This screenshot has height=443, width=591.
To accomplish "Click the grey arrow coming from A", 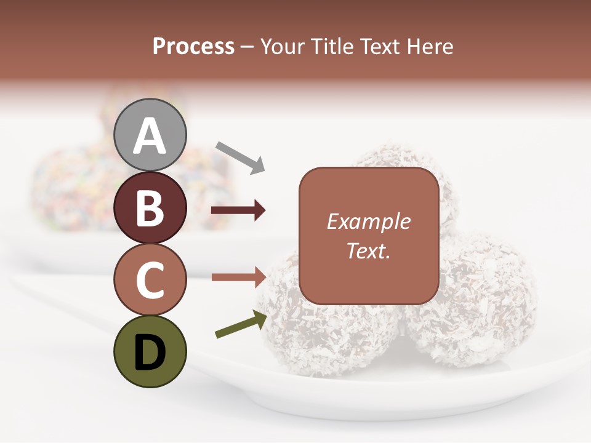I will click(x=240, y=156).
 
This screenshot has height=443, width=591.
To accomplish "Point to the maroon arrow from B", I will click(x=238, y=210).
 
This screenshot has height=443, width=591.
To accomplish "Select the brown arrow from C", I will click(x=238, y=277).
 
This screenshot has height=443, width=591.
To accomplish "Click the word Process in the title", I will click(x=193, y=47).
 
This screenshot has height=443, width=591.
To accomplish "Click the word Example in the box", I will click(x=369, y=221).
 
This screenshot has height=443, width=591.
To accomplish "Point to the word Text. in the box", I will click(x=369, y=250).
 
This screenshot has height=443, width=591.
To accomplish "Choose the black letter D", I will click(x=150, y=352).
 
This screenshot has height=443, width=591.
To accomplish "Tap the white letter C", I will click(x=150, y=281).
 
